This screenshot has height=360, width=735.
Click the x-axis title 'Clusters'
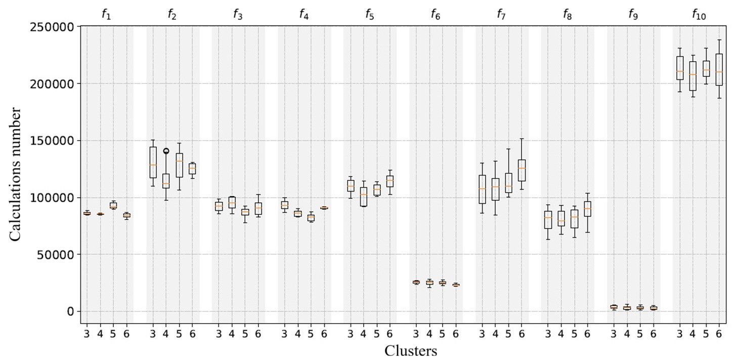click(x=411, y=350)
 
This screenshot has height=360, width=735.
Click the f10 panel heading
click(x=699, y=15)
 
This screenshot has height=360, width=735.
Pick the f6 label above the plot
click(x=436, y=15)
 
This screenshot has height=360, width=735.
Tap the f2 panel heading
click(x=172, y=15)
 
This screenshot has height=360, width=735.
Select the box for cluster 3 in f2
click(x=153, y=162)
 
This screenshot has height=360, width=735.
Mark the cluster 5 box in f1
click(x=113, y=205)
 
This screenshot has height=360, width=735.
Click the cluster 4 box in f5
click(x=363, y=197)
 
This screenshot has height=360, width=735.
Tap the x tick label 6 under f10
click(x=719, y=334)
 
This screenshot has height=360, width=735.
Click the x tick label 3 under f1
click(x=87, y=334)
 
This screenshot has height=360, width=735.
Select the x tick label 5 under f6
click(x=442, y=334)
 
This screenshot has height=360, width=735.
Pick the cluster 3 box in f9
click(x=614, y=307)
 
